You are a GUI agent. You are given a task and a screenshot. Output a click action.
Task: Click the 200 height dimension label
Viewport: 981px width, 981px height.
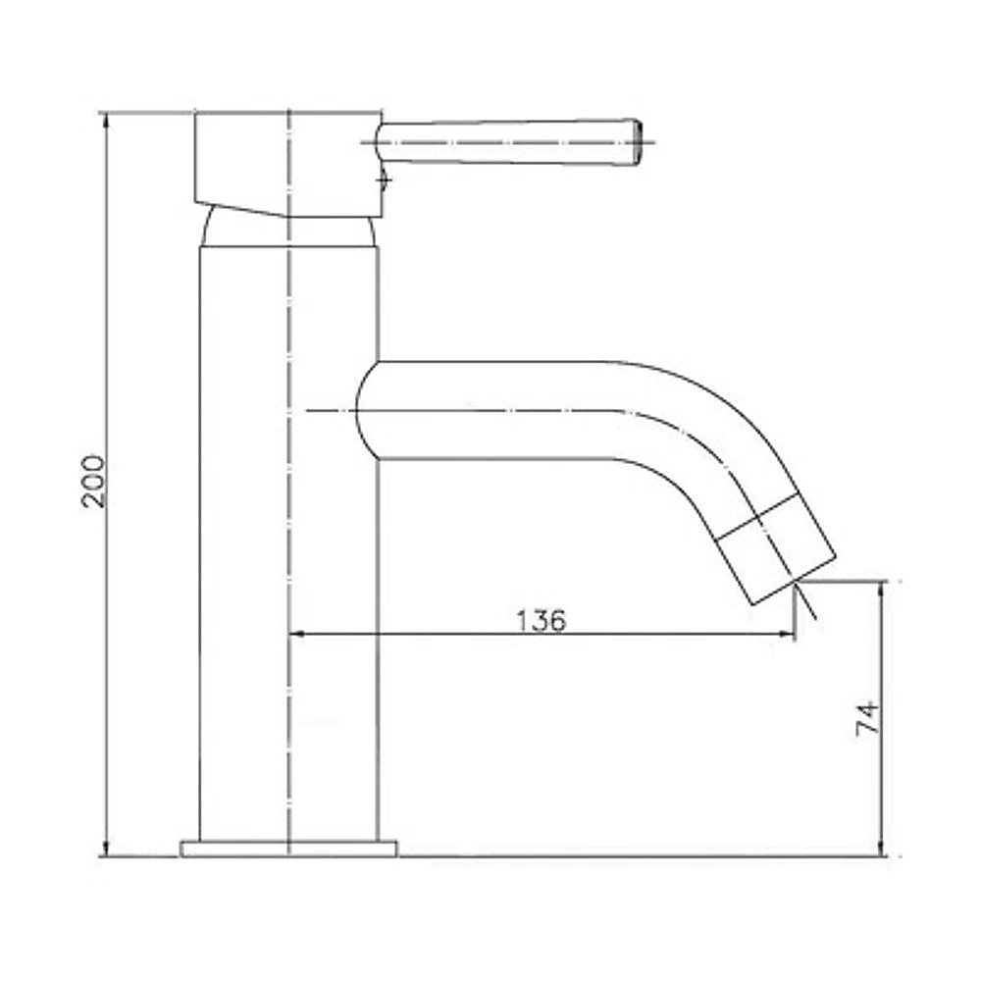[x=93, y=480]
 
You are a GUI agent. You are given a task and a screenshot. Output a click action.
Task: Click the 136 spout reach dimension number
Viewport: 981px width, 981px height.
[x=541, y=620]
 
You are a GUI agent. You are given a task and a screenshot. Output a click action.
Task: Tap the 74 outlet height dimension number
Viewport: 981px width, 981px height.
[x=865, y=718]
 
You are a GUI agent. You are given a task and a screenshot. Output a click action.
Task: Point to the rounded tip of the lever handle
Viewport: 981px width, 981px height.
[x=635, y=139]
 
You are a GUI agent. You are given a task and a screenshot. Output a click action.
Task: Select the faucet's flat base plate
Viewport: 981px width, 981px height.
[x=288, y=848]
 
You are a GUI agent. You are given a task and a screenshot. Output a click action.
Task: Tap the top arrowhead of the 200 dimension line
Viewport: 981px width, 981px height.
[x=106, y=120]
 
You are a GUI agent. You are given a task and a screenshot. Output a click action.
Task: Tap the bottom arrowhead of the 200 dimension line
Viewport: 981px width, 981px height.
[x=106, y=849]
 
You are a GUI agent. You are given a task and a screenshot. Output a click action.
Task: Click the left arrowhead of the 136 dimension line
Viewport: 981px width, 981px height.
[x=296, y=636]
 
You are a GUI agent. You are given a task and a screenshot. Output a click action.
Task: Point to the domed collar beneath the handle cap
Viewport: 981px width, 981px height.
[x=288, y=232]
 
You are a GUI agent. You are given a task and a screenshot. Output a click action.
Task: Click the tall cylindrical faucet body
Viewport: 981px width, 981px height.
[x=288, y=540]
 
